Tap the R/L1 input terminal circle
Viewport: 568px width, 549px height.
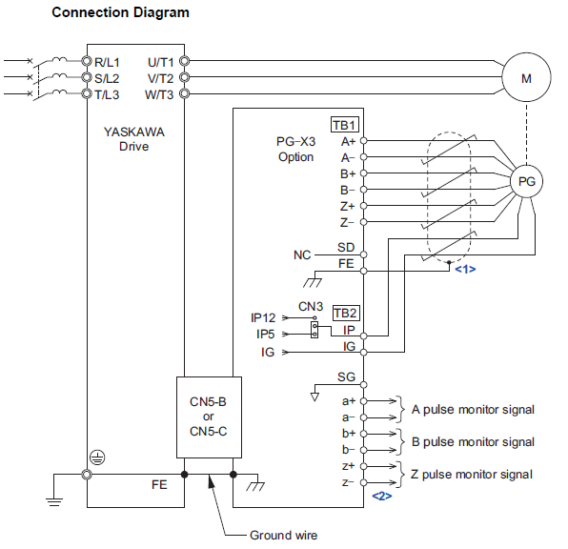click(x=87, y=61)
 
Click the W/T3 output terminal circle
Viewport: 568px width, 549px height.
click(x=184, y=93)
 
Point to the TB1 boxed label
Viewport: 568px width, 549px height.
click(x=344, y=125)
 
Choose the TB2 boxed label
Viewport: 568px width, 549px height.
click(x=346, y=313)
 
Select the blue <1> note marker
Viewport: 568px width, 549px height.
click(x=465, y=269)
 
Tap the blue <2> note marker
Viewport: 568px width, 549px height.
click(x=382, y=496)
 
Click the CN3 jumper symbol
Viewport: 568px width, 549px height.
click(x=314, y=330)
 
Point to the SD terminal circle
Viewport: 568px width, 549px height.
click(x=364, y=254)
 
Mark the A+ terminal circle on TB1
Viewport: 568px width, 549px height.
click(x=364, y=141)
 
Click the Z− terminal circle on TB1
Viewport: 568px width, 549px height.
click(x=364, y=222)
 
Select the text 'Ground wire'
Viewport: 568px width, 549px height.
click(x=283, y=535)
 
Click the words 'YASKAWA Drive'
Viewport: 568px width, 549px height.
click(x=134, y=139)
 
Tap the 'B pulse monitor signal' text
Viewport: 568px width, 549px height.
click(x=473, y=441)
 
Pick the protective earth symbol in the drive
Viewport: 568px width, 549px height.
click(x=97, y=457)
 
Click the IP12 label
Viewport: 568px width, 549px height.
click(x=263, y=317)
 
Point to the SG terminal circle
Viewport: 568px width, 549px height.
click(x=364, y=384)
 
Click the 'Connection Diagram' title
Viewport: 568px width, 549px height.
click(x=120, y=12)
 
